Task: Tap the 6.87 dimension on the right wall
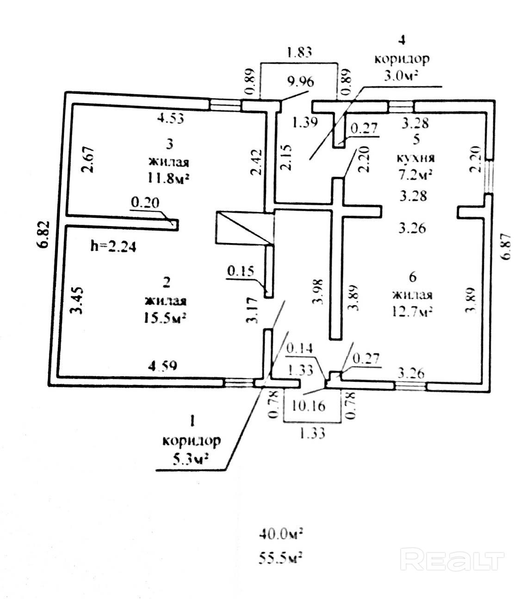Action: click(x=506, y=246)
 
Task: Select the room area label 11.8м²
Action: click(x=168, y=179)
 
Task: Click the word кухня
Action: click(x=416, y=158)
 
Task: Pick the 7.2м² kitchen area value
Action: click(x=416, y=175)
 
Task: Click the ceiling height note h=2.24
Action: click(x=113, y=246)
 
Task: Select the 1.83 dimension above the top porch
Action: click(x=299, y=52)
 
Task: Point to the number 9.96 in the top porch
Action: click(x=301, y=82)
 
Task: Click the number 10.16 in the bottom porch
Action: click(x=309, y=406)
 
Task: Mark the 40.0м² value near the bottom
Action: click(x=281, y=534)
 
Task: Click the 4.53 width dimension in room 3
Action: click(x=170, y=118)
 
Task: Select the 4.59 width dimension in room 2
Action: click(x=162, y=366)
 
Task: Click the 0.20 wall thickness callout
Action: click(x=145, y=202)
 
